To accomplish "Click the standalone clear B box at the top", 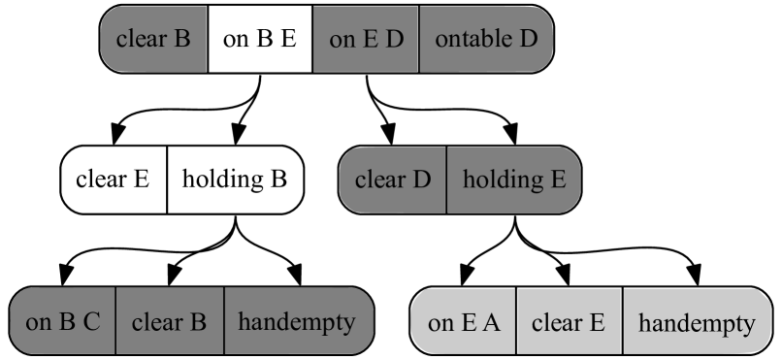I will (x=153, y=39).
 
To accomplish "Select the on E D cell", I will (x=366, y=39).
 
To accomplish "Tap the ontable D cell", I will (x=485, y=39).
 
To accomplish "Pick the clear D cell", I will (x=392, y=180).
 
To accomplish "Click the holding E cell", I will (x=513, y=180).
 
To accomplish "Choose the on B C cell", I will (x=63, y=321).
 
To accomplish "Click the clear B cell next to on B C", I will (x=170, y=321).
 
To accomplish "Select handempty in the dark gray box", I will (x=298, y=321).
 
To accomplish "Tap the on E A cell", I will (x=464, y=322).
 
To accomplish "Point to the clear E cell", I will (x=570, y=322).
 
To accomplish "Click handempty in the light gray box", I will (x=697, y=322).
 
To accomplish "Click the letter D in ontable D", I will (x=529, y=39).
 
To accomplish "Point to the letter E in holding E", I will (x=558, y=180).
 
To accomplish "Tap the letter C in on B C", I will (x=92, y=321).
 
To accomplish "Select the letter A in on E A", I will (x=492, y=322).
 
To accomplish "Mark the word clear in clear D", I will (x=379, y=180).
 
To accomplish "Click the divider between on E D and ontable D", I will (x=419, y=39).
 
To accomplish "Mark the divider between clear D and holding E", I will (x=446, y=180).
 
